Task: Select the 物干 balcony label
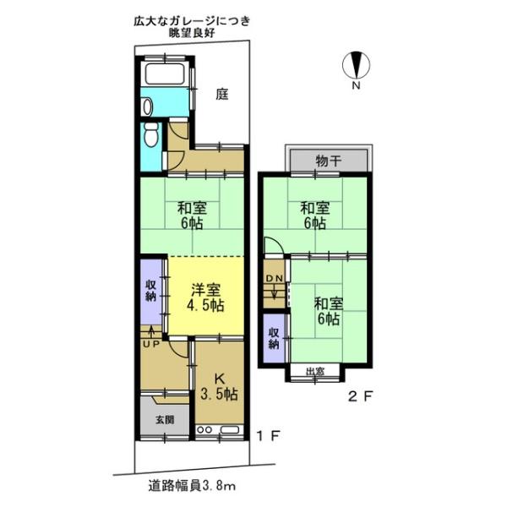328,160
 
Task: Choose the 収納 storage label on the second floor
274,336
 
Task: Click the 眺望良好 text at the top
193,32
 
